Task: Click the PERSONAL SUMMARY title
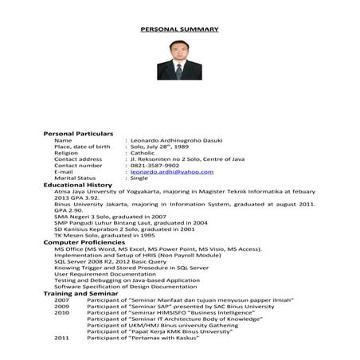(x=179, y=29)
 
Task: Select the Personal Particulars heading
(x=77, y=133)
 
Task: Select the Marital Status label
(x=75, y=178)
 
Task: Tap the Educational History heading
(x=77, y=185)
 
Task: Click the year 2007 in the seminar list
(x=61, y=299)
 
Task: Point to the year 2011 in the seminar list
(x=61, y=338)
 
